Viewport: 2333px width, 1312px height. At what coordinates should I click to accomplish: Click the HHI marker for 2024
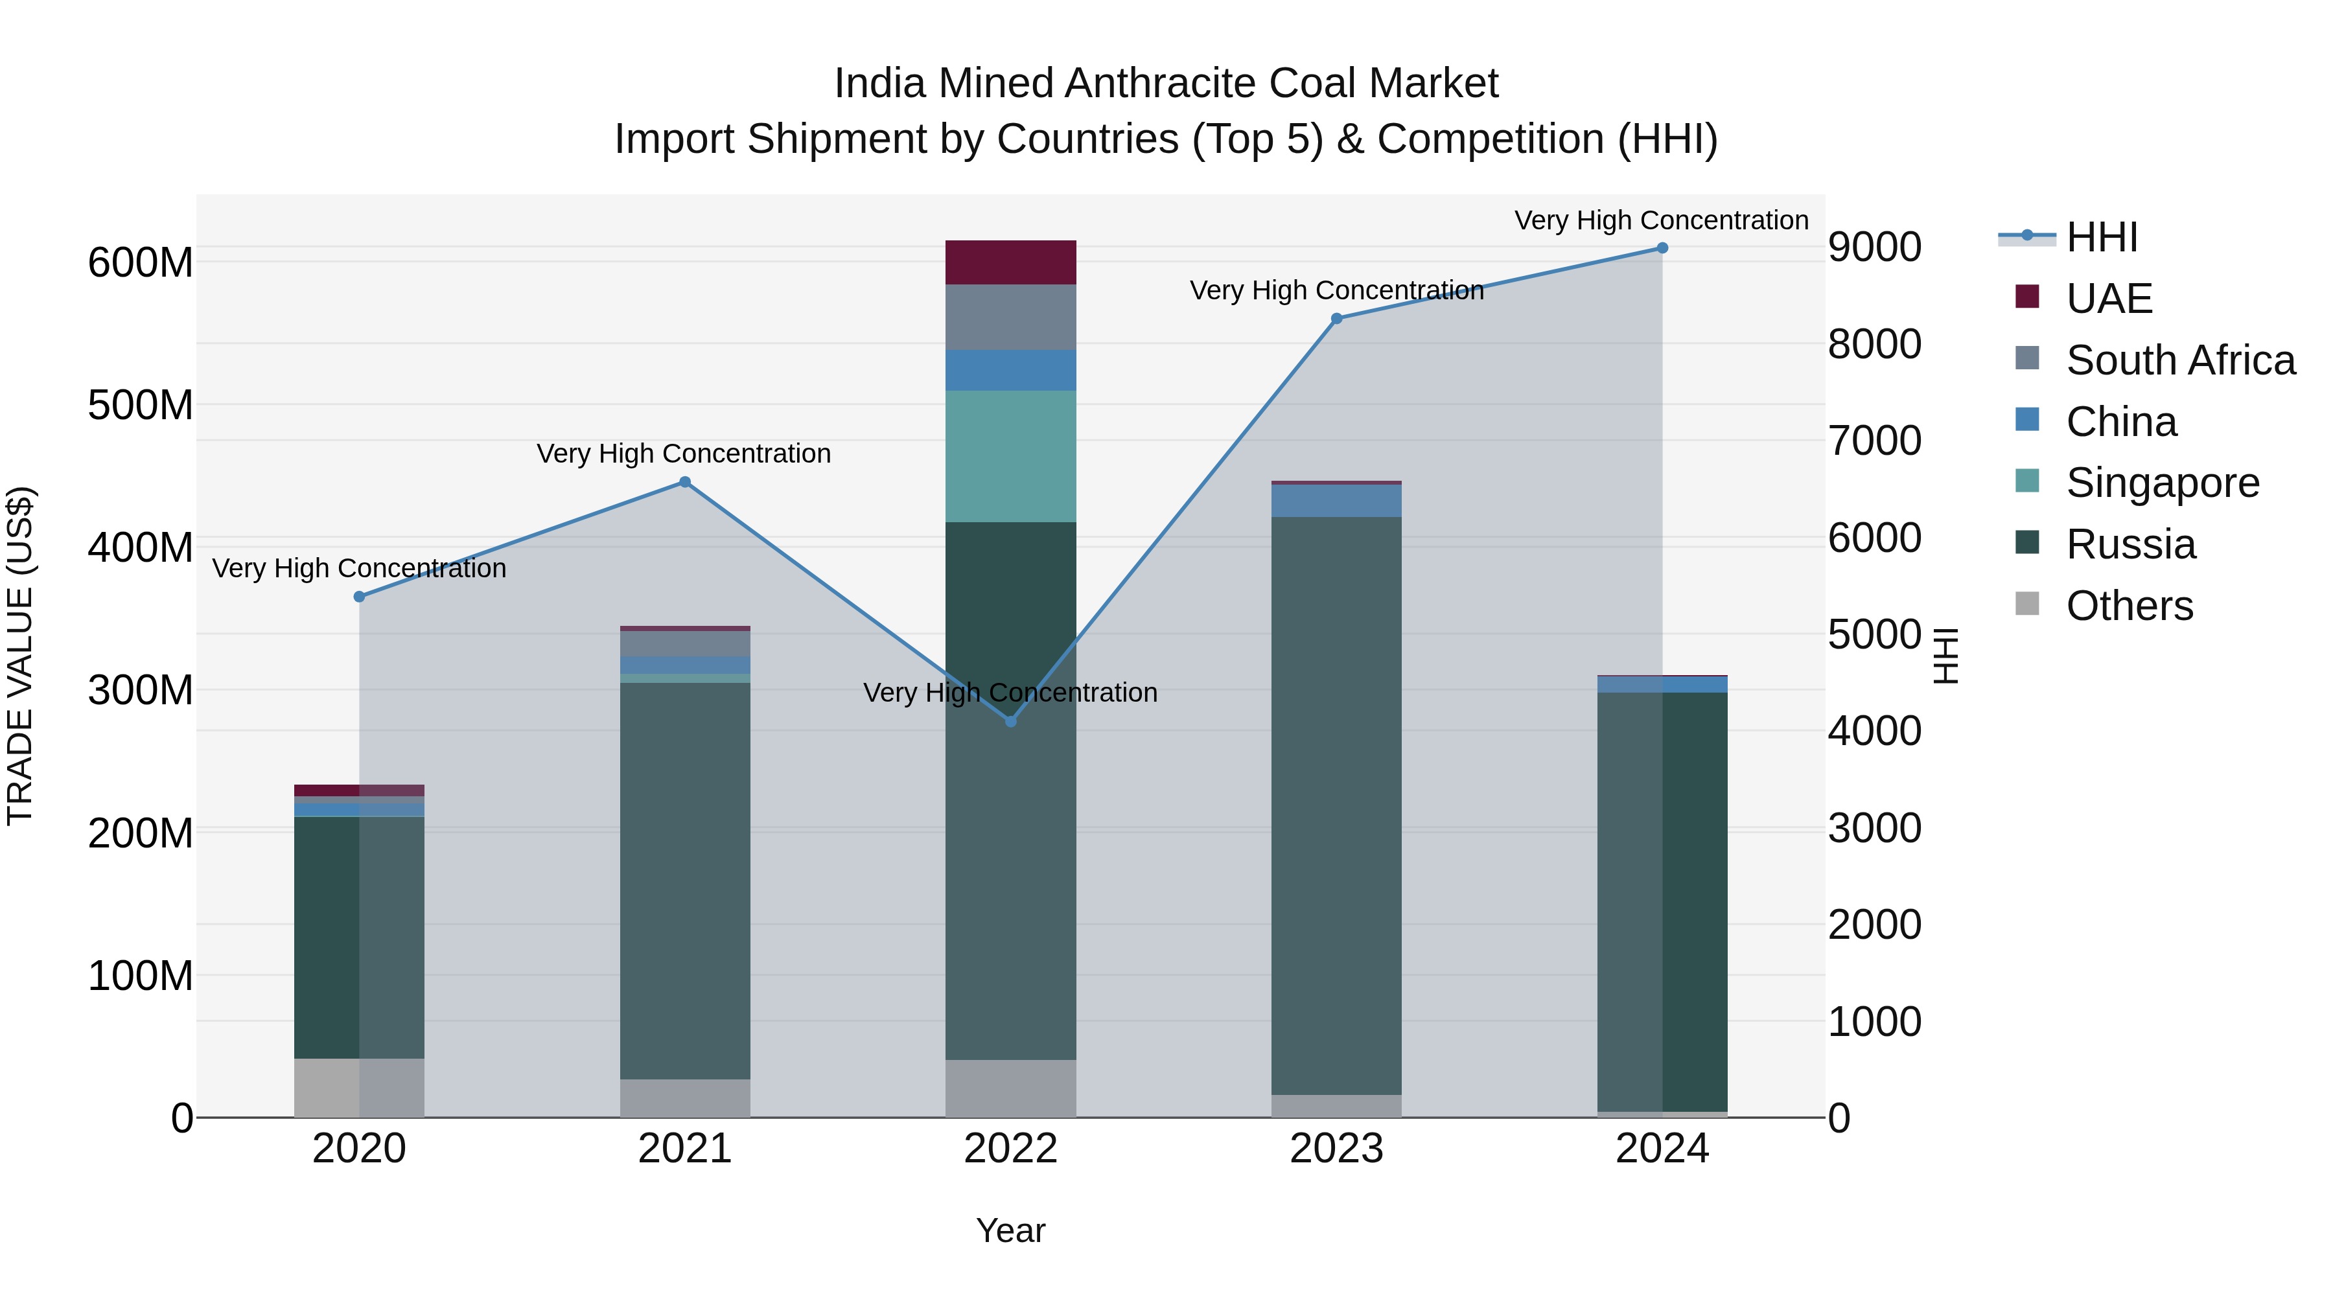(x=1662, y=248)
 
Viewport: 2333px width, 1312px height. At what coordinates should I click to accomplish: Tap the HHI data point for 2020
(x=360, y=597)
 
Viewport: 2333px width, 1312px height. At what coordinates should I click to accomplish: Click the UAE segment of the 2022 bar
(x=1011, y=262)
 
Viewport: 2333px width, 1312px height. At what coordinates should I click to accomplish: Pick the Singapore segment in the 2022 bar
(x=1011, y=456)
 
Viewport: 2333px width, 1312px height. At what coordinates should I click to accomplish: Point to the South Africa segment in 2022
(x=1011, y=317)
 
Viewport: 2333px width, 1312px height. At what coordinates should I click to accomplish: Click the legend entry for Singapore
(x=2162, y=483)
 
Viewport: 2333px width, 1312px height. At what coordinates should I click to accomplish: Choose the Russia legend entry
(x=2130, y=544)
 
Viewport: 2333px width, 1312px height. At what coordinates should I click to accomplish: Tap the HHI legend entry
(x=2101, y=237)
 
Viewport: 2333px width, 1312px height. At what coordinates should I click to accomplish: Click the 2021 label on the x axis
(x=685, y=1149)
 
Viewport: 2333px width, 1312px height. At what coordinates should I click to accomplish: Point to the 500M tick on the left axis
(x=141, y=405)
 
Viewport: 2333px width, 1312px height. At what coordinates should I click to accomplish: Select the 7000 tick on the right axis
(x=1874, y=441)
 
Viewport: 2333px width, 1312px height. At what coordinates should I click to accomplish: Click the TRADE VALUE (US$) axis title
(x=21, y=656)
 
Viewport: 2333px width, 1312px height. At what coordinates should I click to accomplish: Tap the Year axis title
(x=1011, y=1230)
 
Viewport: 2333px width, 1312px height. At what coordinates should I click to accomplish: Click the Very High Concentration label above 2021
(x=684, y=454)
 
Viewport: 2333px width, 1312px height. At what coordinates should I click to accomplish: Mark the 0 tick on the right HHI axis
(x=1839, y=1118)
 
